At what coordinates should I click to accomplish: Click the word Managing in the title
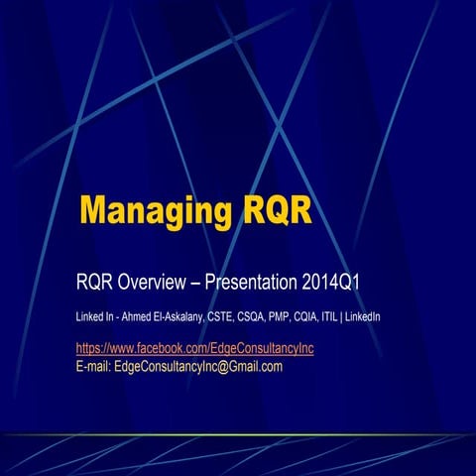[x=157, y=211]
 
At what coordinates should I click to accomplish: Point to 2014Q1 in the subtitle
[x=332, y=284]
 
